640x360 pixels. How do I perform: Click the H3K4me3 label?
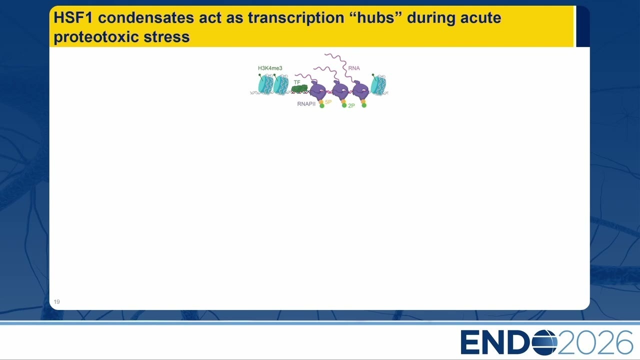(x=270, y=68)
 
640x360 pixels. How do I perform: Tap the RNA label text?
(x=354, y=68)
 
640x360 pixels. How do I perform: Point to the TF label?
(x=297, y=82)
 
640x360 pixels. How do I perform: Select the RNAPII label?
(x=306, y=104)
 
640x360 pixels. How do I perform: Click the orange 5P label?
(x=328, y=102)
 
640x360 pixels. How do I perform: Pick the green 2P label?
(x=351, y=105)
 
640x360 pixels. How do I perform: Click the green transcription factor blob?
(x=299, y=89)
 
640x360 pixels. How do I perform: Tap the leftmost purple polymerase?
(x=318, y=90)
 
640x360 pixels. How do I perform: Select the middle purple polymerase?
(x=340, y=90)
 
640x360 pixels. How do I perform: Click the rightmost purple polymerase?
(x=360, y=90)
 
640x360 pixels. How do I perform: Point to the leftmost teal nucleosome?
(x=265, y=84)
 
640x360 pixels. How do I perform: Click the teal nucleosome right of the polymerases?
(x=378, y=85)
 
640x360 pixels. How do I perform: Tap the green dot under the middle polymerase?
(x=344, y=105)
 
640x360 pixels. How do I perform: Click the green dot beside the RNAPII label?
(x=322, y=106)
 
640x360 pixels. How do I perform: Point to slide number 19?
(x=57, y=301)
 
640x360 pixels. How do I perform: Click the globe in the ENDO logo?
(x=544, y=342)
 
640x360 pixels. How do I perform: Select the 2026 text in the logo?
(x=595, y=342)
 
